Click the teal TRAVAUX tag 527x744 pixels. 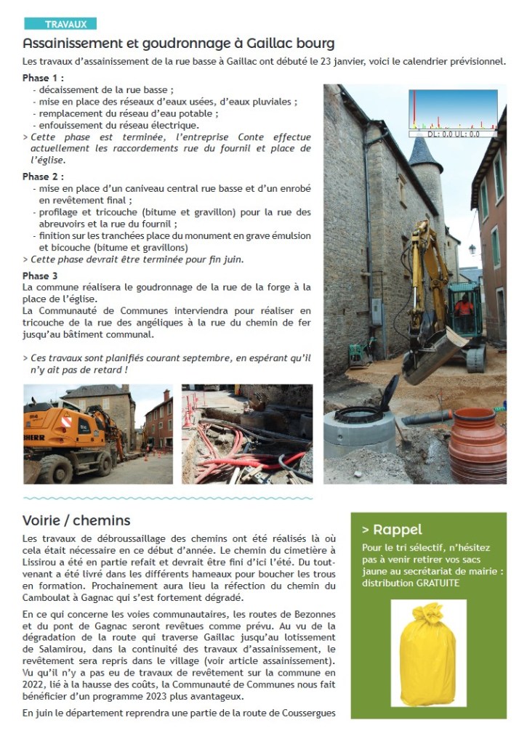[x=60, y=24]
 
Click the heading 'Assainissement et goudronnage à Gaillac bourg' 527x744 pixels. [x=178, y=43]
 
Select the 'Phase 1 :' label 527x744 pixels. [x=43, y=78]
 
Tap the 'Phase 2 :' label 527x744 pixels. [x=43, y=177]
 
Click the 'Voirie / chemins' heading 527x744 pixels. [x=76, y=520]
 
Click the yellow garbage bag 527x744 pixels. [x=427, y=655]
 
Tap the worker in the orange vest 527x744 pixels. [x=462, y=306]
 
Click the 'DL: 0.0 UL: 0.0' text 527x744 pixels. [x=453, y=134]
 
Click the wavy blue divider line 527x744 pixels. [x=168, y=498]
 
